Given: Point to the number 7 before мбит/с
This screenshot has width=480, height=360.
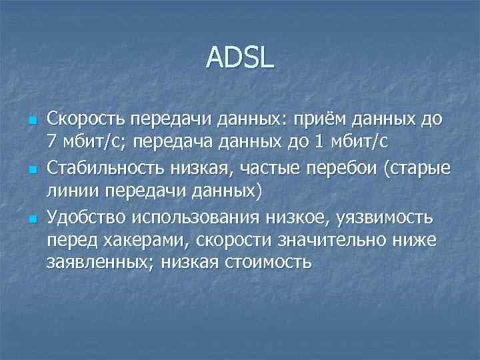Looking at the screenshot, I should [x=51, y=141].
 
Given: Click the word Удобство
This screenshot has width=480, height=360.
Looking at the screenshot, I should [x=85, y=217].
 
